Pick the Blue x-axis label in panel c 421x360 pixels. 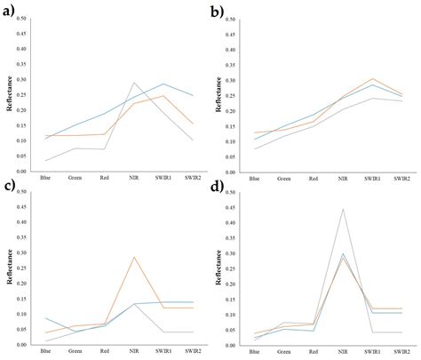coord(44,353)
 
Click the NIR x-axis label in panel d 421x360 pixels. coord(343,353)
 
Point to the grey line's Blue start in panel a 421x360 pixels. coord(44,161)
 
